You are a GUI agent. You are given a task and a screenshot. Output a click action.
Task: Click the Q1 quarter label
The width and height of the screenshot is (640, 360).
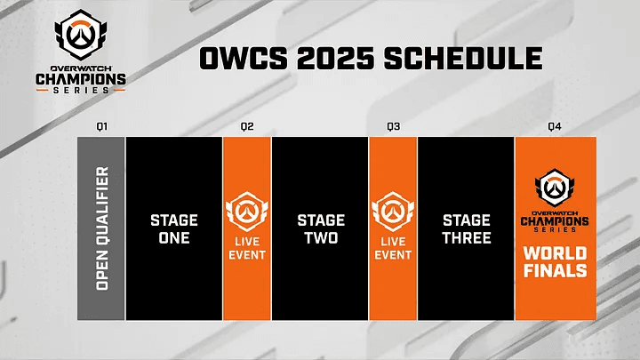[102, 127]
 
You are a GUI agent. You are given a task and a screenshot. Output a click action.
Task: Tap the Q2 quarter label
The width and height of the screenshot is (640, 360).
[247, 127]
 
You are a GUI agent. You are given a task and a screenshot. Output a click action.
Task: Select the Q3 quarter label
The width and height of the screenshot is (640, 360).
[393, 127]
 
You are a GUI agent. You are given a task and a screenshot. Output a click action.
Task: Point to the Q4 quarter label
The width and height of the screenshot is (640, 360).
[555, 127]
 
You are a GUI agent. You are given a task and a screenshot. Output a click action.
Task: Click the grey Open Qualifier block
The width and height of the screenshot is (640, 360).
[101, 228]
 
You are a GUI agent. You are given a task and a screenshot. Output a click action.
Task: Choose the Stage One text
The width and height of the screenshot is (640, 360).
[174, 228]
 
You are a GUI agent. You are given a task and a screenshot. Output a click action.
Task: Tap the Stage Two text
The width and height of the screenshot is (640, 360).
[320, 228]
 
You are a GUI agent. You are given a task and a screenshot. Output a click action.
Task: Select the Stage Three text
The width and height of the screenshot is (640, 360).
[466, 228]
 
